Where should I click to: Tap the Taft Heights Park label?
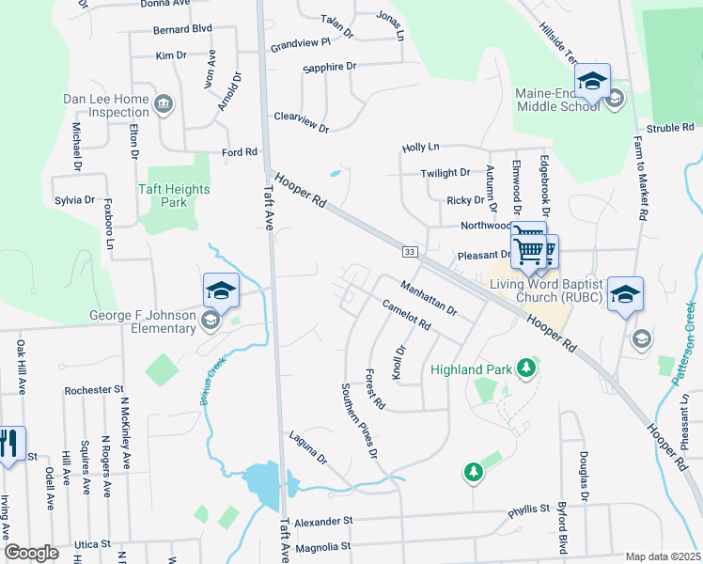[174, 196]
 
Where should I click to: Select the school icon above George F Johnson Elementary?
[221, 290]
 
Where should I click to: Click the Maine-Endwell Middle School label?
[557, 100]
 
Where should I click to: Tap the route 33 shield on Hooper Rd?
[409, 252]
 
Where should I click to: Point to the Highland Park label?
[471, 368]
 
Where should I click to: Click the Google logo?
[32, 553]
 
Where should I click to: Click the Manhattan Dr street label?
[428, 297]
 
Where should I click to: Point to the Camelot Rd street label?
[406, 315]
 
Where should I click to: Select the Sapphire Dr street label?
[330, 67]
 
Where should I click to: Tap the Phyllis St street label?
[528, 509]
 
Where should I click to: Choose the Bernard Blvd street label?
[183, 29]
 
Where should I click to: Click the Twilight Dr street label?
[445, 173]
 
